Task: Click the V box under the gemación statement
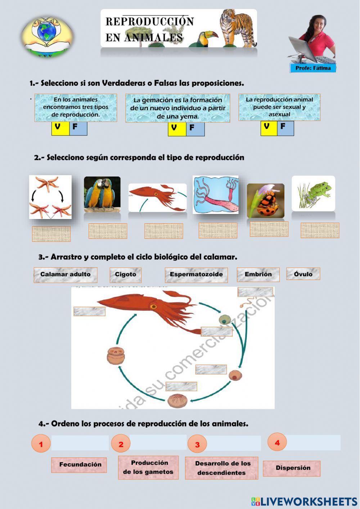point(177,129)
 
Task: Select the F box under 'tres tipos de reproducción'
point(78,128)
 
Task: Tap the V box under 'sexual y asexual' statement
point(269,128)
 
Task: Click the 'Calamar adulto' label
point(66,274)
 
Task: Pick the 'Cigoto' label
point(125,274)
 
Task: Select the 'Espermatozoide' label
point(196,274)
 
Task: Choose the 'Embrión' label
point(258,274)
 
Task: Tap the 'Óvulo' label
point(303,274)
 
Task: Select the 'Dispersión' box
point(292,468)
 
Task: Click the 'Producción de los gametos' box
point(148,467)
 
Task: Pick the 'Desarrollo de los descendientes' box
point(221,468)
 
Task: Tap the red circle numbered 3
point(197,444)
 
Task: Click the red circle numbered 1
point(41,444)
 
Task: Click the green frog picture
point(313,193)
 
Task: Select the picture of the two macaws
point(102,194)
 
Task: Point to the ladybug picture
point(266,201)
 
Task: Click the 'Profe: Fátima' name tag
point(313,68)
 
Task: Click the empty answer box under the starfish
point(51,234)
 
